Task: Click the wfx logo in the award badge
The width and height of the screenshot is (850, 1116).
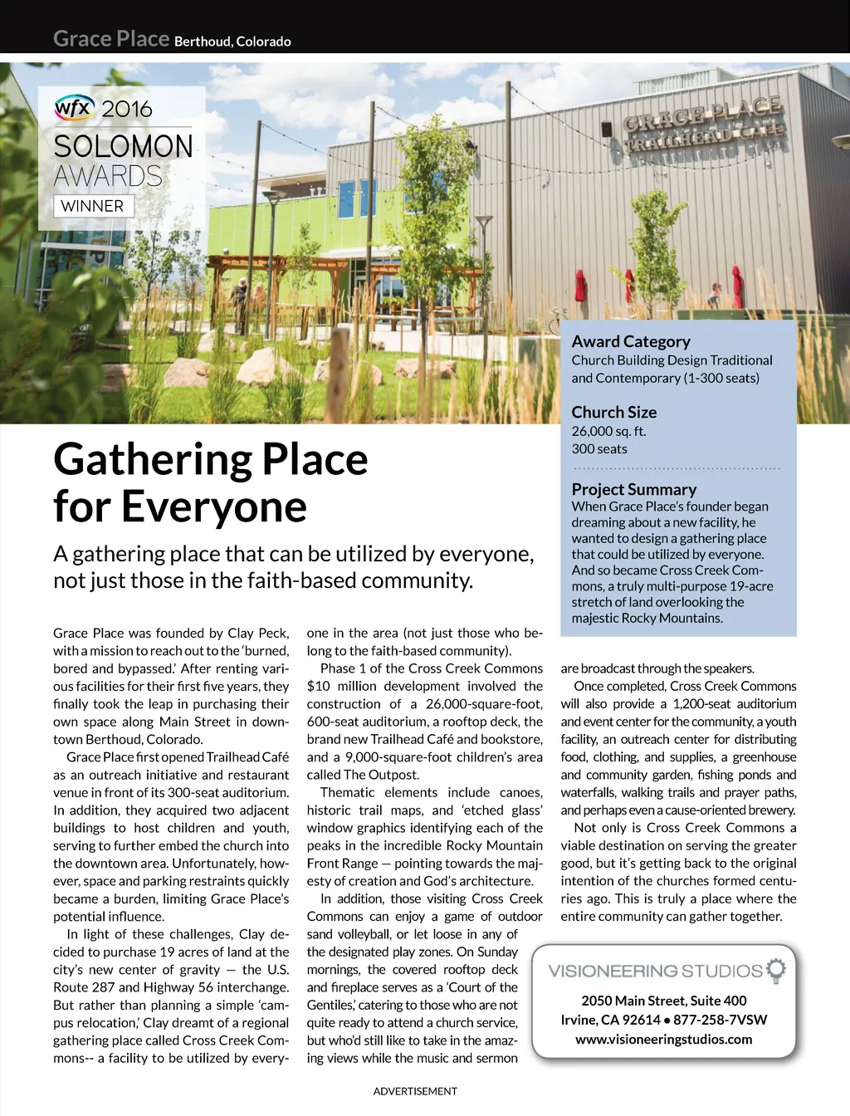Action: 73,107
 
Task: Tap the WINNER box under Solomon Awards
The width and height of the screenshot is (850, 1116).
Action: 92,206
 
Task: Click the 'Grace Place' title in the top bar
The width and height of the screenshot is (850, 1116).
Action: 111,39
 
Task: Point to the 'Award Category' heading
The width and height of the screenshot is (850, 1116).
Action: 631,341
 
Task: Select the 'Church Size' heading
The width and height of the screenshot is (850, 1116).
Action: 613,412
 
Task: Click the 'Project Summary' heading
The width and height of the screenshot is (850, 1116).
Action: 633,489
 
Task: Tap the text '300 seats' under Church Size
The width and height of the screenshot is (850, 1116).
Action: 599,448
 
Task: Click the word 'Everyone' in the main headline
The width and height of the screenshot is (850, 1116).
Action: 213,507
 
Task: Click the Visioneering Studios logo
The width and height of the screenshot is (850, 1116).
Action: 656,971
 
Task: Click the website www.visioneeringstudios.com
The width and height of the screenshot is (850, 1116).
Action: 663,1039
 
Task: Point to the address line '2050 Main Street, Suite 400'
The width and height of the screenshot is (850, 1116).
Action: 663,1001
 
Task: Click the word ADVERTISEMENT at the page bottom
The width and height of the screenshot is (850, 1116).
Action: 415,1091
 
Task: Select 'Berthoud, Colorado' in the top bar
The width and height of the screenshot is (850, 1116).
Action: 232,42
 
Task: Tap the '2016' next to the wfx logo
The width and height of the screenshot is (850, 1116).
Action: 127,109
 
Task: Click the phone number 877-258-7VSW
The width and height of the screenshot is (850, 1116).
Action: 720,1020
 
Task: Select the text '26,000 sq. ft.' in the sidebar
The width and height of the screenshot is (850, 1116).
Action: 608,431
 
